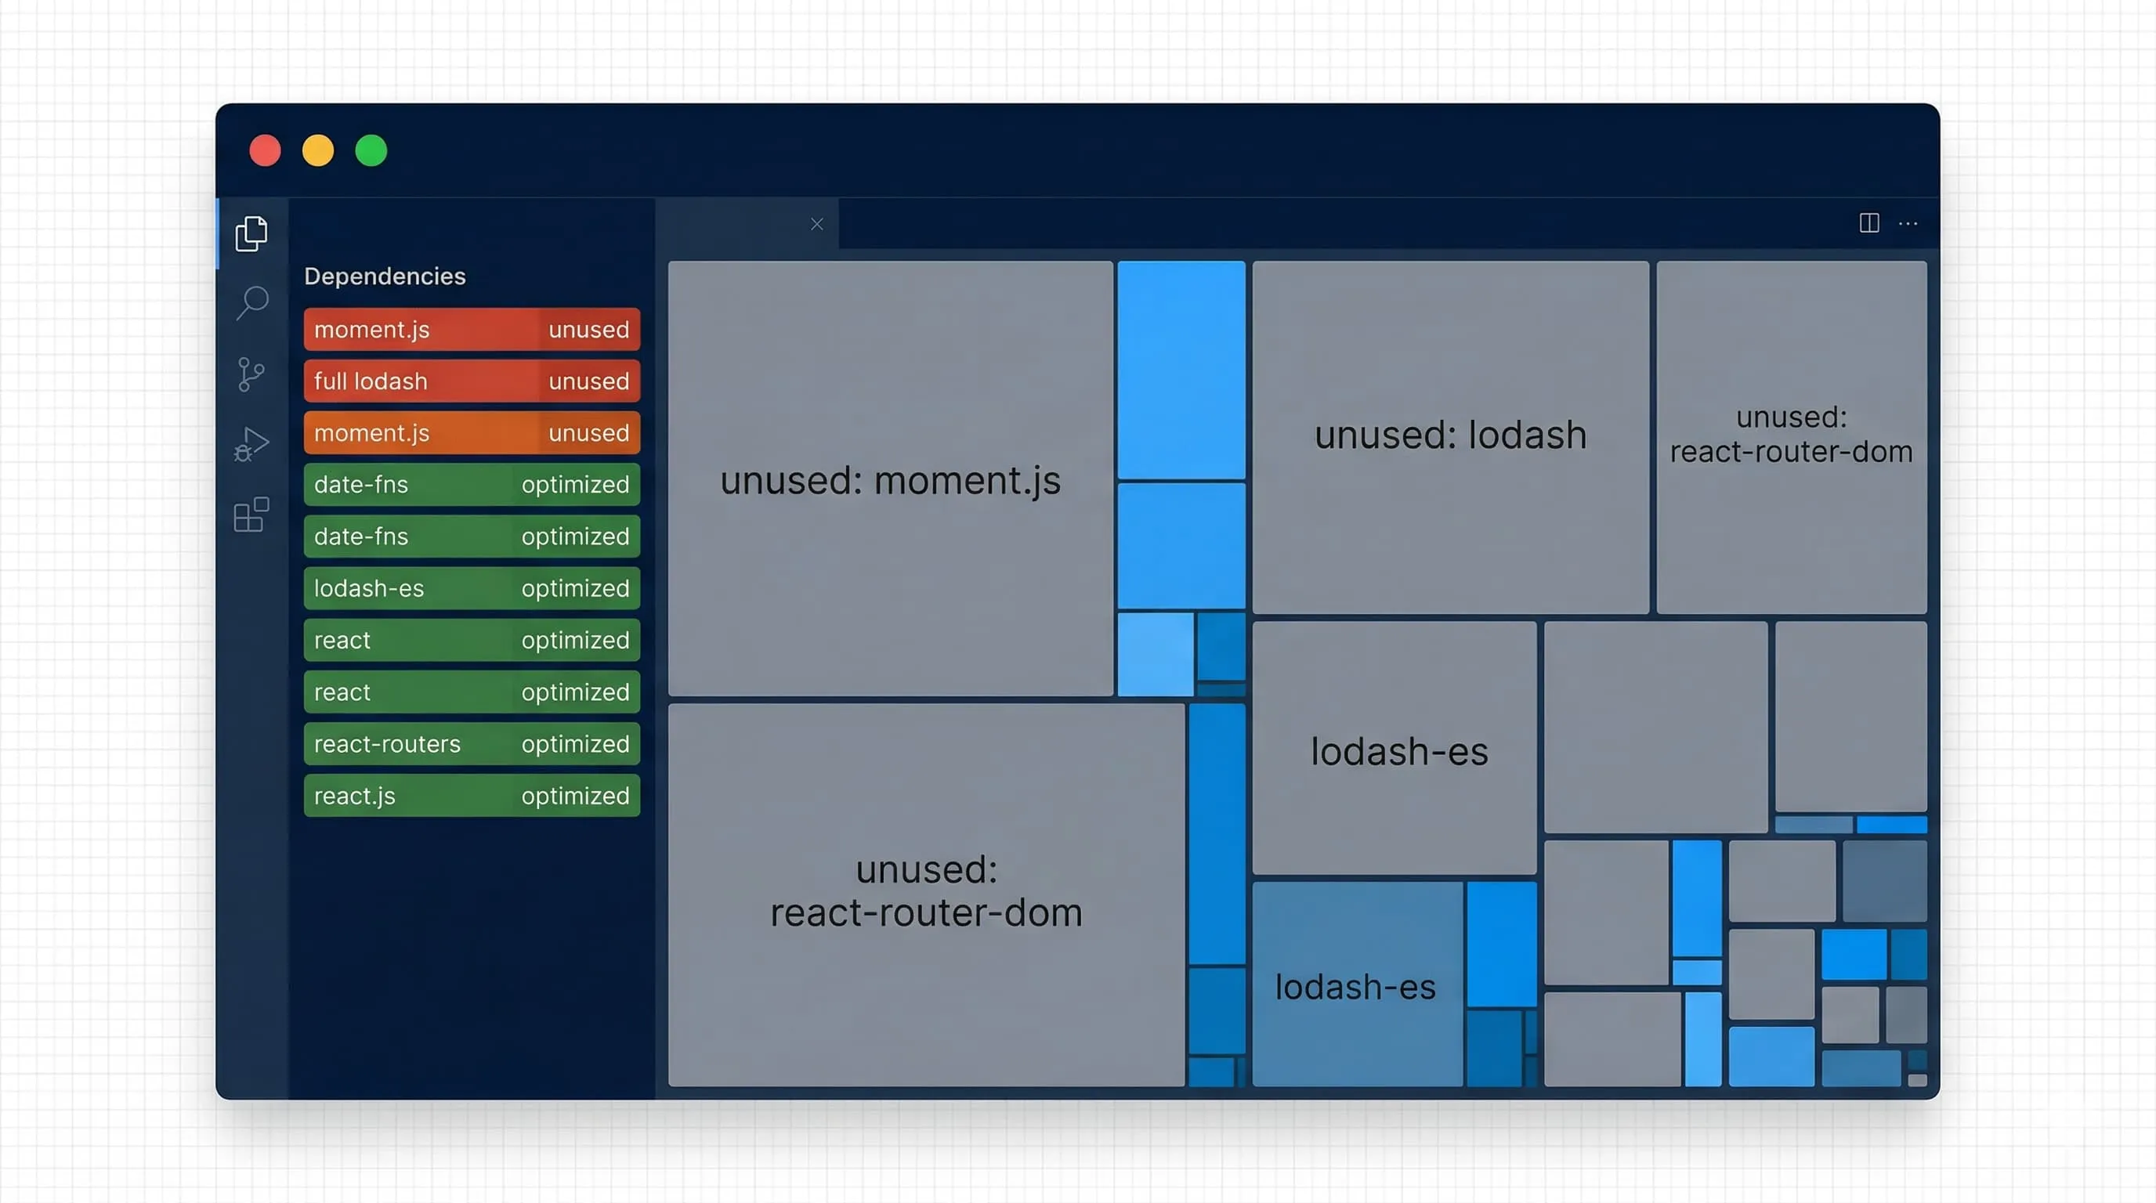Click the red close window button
click(x=266, y=150)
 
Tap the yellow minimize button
click(x=318, y=150)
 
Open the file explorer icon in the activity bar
click(x=251, y=233)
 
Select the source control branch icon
click(x=251, y=374)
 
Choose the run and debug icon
click(x=251, y=444)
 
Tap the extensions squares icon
click(x=251, y=515)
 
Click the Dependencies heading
click(x=385, y=276)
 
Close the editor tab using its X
click(x=817, y=224)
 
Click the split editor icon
click(x=1869, y=223)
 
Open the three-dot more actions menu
click(x=1908, y=223)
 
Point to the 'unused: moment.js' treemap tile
click(x=891, y=479)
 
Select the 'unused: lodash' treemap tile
click(x=1450, y=437)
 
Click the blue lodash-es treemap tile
click(x=1358, y=984)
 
